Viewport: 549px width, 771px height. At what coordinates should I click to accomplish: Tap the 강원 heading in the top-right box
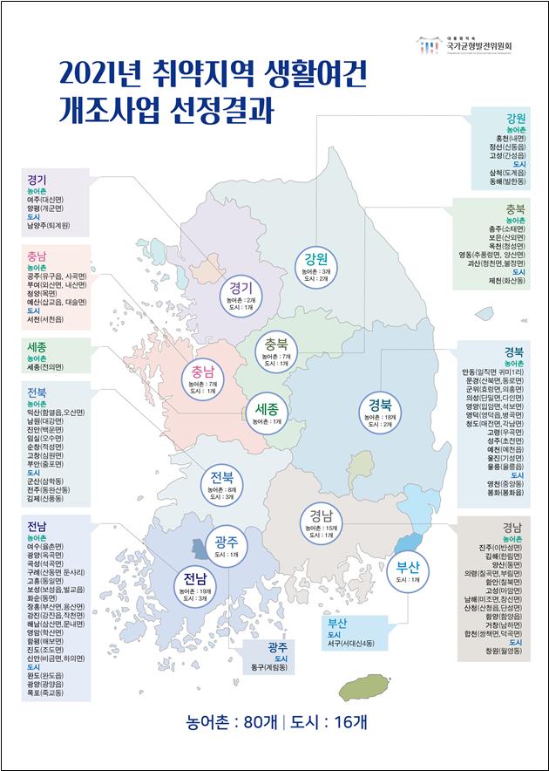pyautogui.click(x=515, y=118)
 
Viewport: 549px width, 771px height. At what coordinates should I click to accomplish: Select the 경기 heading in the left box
pyautogui.click(x=37, y=180)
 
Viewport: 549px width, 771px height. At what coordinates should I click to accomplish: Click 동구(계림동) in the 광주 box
pyautogui.click(x=277, y=668)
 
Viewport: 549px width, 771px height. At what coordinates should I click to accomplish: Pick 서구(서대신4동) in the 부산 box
pyautogui.click(x=357, y=643)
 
